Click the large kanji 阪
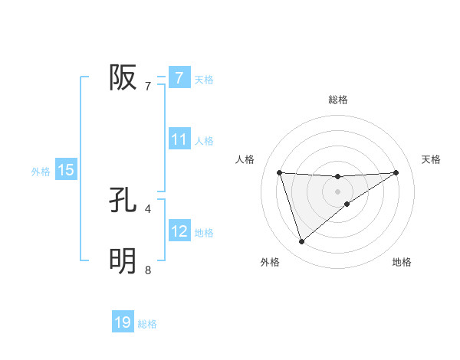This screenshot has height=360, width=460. point(123,77)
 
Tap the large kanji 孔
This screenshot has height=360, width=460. point(123,201)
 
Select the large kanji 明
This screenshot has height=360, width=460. point(123,261)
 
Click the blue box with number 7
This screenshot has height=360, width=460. point(179,78)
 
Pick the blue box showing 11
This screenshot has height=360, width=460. point(179,139)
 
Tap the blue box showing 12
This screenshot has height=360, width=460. point(179,231)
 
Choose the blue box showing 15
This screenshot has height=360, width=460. point(66,170)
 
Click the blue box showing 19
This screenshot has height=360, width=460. point(123,322)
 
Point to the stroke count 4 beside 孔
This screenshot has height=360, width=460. point(148,208)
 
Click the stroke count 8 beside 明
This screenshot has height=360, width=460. point(148,269)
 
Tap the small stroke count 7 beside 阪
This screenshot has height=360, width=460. point(148,86)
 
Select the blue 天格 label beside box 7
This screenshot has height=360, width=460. point(204,79)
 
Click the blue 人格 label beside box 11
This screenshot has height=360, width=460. point(204,141)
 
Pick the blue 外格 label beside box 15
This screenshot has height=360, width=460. point(41,172)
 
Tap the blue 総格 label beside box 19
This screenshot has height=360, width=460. point(147,324)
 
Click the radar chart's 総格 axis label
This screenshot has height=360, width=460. point(337,100)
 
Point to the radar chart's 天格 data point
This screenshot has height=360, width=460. point(396,172)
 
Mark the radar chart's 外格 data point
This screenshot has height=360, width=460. point(301,242)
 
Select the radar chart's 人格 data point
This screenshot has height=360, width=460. point(279,172)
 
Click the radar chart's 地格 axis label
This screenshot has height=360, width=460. point(402,262)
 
